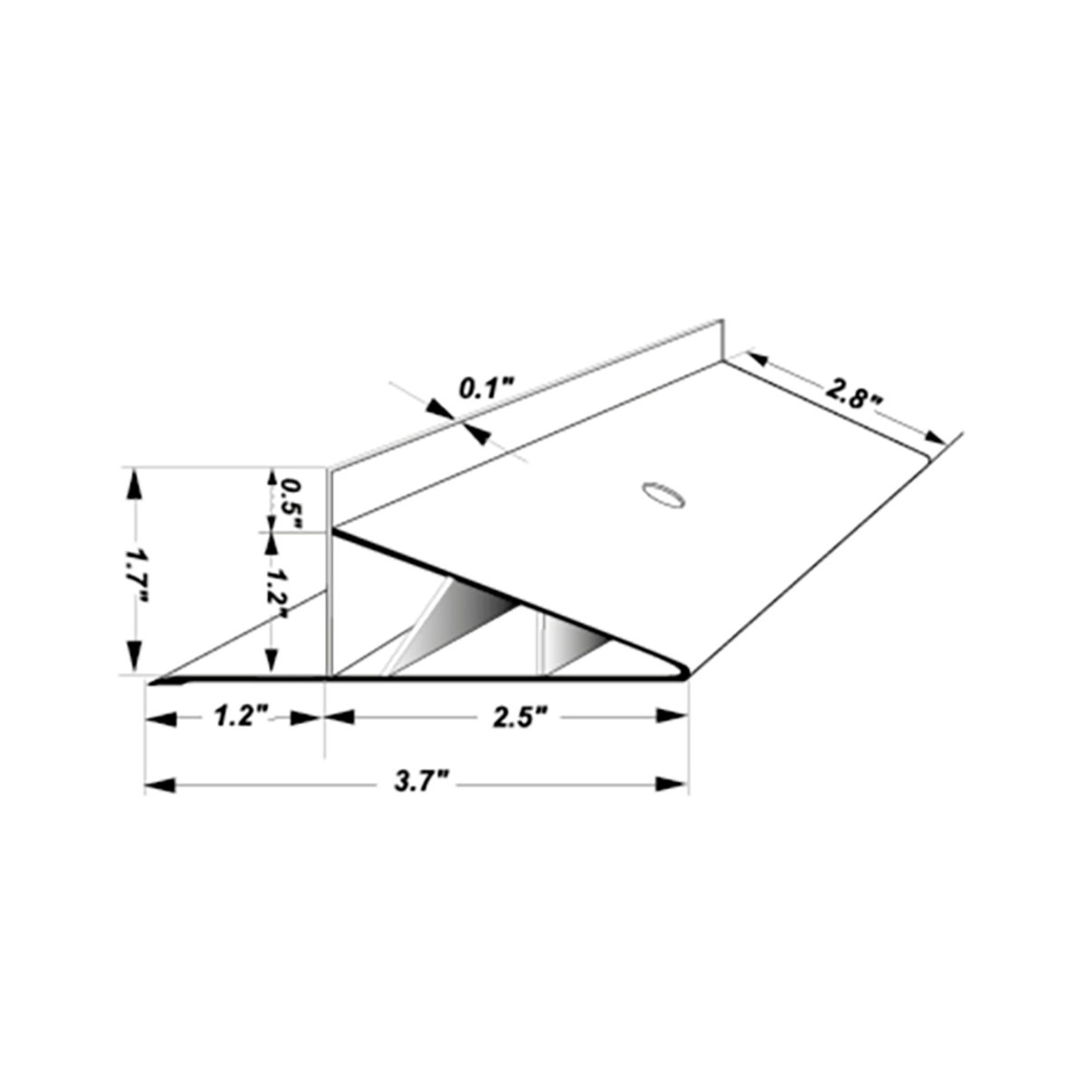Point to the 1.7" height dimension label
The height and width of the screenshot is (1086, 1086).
click(x=137, y=570)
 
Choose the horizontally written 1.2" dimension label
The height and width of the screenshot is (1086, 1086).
click(x=238, y=718)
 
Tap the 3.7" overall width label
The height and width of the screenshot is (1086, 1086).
click(x=423, y=783)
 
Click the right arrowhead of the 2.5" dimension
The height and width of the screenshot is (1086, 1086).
click(x=671, y=717)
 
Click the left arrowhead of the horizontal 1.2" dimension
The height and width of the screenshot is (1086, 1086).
click(x=160, y=719)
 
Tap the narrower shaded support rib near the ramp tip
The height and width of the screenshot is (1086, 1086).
click(x=570, y=645)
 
